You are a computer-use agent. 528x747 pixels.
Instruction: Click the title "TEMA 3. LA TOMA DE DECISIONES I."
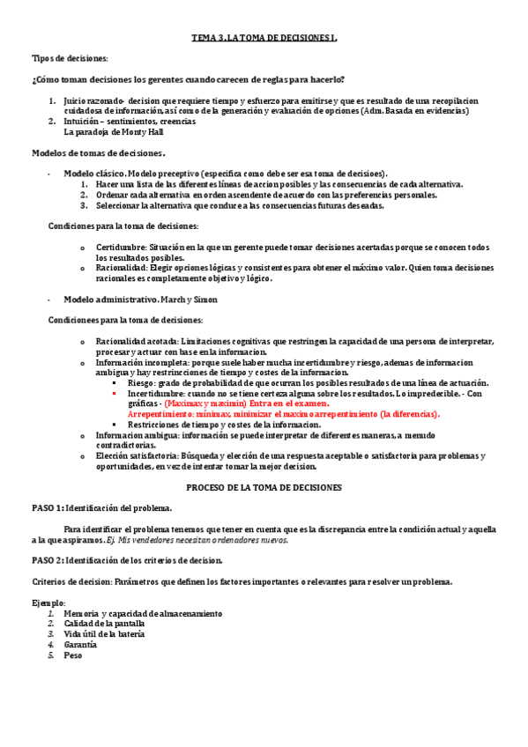pos(264,39)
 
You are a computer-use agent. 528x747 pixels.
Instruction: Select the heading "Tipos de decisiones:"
pos(70,58)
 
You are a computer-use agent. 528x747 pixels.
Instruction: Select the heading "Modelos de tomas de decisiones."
pos(99,153)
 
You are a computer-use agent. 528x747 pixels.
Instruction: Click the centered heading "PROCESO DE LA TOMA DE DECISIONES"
pos(264,487)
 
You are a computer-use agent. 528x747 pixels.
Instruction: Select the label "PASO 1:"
pos(48,508)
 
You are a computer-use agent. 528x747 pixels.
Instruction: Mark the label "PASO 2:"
pos(48,560)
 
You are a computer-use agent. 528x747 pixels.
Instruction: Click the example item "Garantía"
pos(80,644)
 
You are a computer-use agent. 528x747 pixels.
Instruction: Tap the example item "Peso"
pos(72,655)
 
